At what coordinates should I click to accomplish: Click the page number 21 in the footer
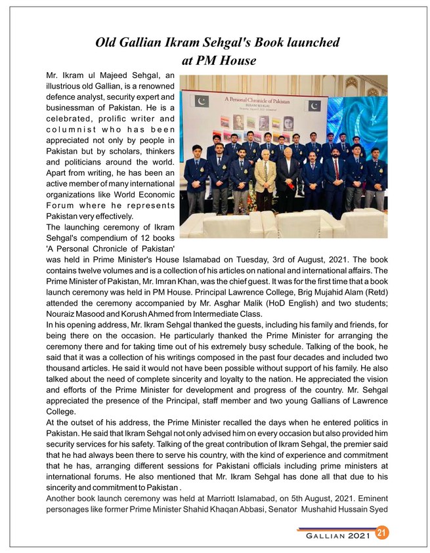point(380,533)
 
